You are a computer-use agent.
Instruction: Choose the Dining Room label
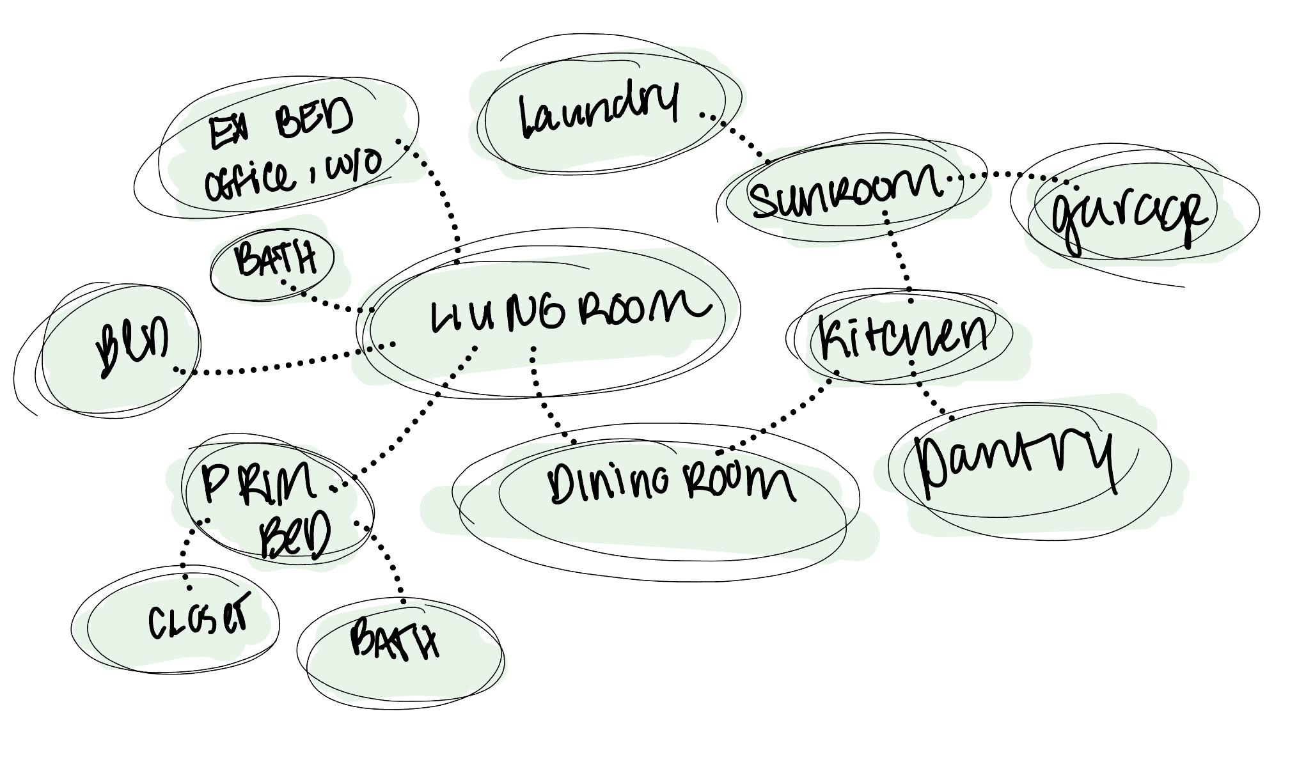672,483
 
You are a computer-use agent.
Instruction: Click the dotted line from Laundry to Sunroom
742,137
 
